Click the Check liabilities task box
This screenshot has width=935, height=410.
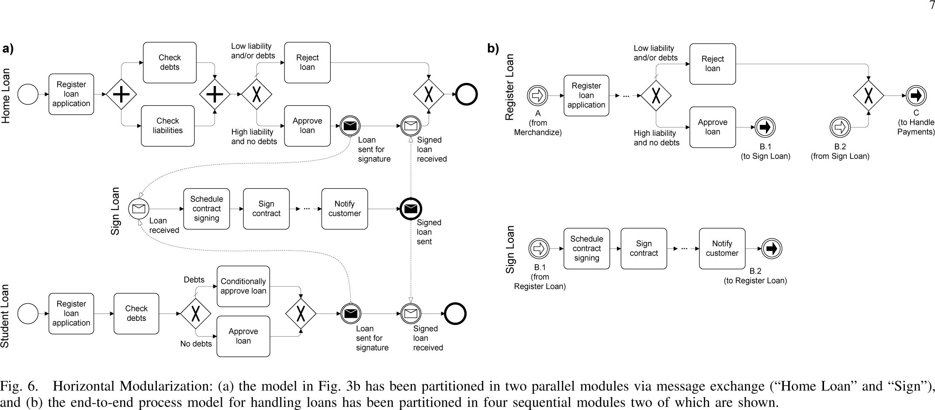click(168, 126)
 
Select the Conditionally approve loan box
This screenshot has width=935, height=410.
click(243, 286)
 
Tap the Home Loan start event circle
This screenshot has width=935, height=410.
click(28, 94)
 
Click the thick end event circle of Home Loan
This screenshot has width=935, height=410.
click(466, 94)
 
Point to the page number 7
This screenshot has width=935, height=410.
click(931, 5)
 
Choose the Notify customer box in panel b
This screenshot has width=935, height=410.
click(722, 248)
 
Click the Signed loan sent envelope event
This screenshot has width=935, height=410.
click(411, 209)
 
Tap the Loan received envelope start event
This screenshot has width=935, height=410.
click(139, 209)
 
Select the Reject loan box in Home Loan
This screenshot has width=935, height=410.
click(307, 62)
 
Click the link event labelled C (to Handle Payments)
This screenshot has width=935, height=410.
click(916, 96)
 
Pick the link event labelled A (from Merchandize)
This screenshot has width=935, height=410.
click(537, 95)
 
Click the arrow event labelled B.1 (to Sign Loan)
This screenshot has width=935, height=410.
click(765, 127)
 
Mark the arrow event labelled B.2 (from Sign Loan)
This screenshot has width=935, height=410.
click(840, 127)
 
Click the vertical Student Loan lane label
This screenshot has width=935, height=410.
click(5, 316)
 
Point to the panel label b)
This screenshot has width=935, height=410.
click(493, 48)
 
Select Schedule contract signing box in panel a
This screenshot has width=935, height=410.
click(207, 209)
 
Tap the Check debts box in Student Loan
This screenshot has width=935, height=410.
click(136, 314)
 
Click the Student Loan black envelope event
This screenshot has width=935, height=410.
click(351, 314)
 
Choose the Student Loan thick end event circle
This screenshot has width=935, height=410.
click(455, 314)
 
